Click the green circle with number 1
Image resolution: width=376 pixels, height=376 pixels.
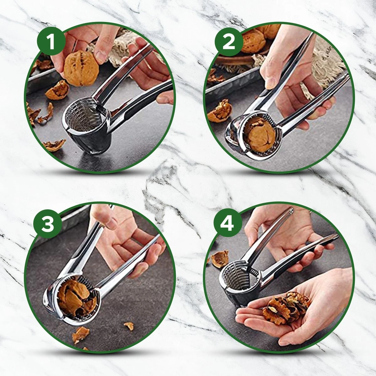click(x=51, y=42)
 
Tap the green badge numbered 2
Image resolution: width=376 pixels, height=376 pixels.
click(x=229, y=42)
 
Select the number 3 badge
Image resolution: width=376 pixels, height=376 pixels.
click(x=48, y=224)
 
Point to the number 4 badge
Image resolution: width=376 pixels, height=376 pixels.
click(x=227, y=224)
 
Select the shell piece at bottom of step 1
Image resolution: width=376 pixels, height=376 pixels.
click(x=55, y=145)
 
